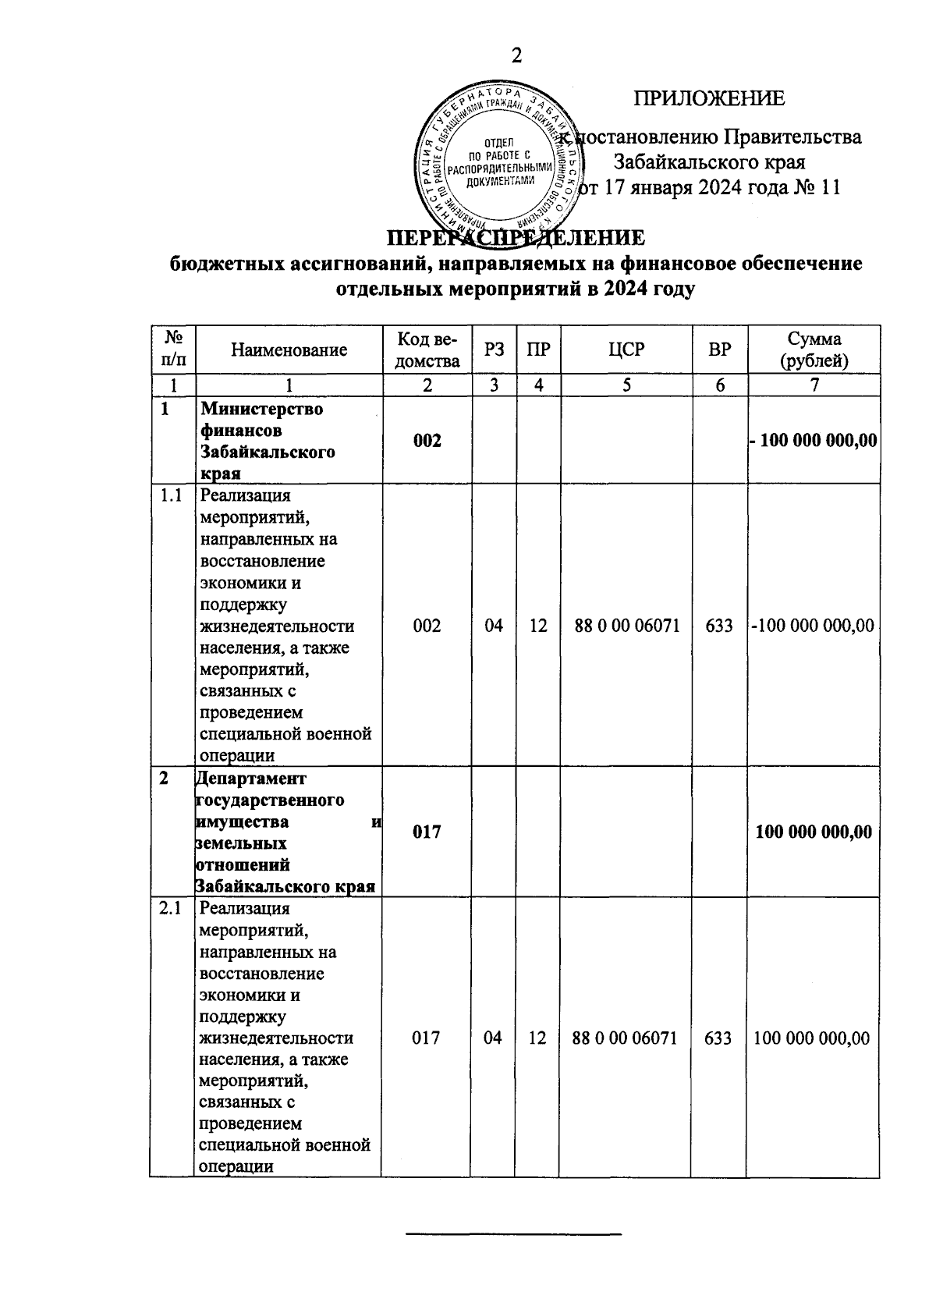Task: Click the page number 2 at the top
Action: click(x=516, y=56)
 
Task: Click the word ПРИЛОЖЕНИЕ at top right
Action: click(x=708, y=99)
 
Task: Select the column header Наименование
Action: click(x=289, y=350)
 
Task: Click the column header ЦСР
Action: click(x=627, y=350)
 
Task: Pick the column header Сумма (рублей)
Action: click(x=814, y=350)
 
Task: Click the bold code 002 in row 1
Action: click(x=427, y=441)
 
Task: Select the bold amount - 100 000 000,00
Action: click(x=813, y=441)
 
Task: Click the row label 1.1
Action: click(x=171, y=496)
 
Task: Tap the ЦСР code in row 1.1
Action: click(x=627, y=626)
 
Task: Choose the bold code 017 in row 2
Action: click(x=427, y=832)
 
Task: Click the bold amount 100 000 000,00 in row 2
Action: click(x=814, y=832)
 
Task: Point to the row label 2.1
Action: click(x=171, y=909)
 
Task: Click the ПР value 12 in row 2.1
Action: click(x=537, y=1038)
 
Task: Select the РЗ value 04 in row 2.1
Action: click(x=492, y=1038)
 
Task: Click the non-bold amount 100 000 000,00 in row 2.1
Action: click(x=811, y=1038)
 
